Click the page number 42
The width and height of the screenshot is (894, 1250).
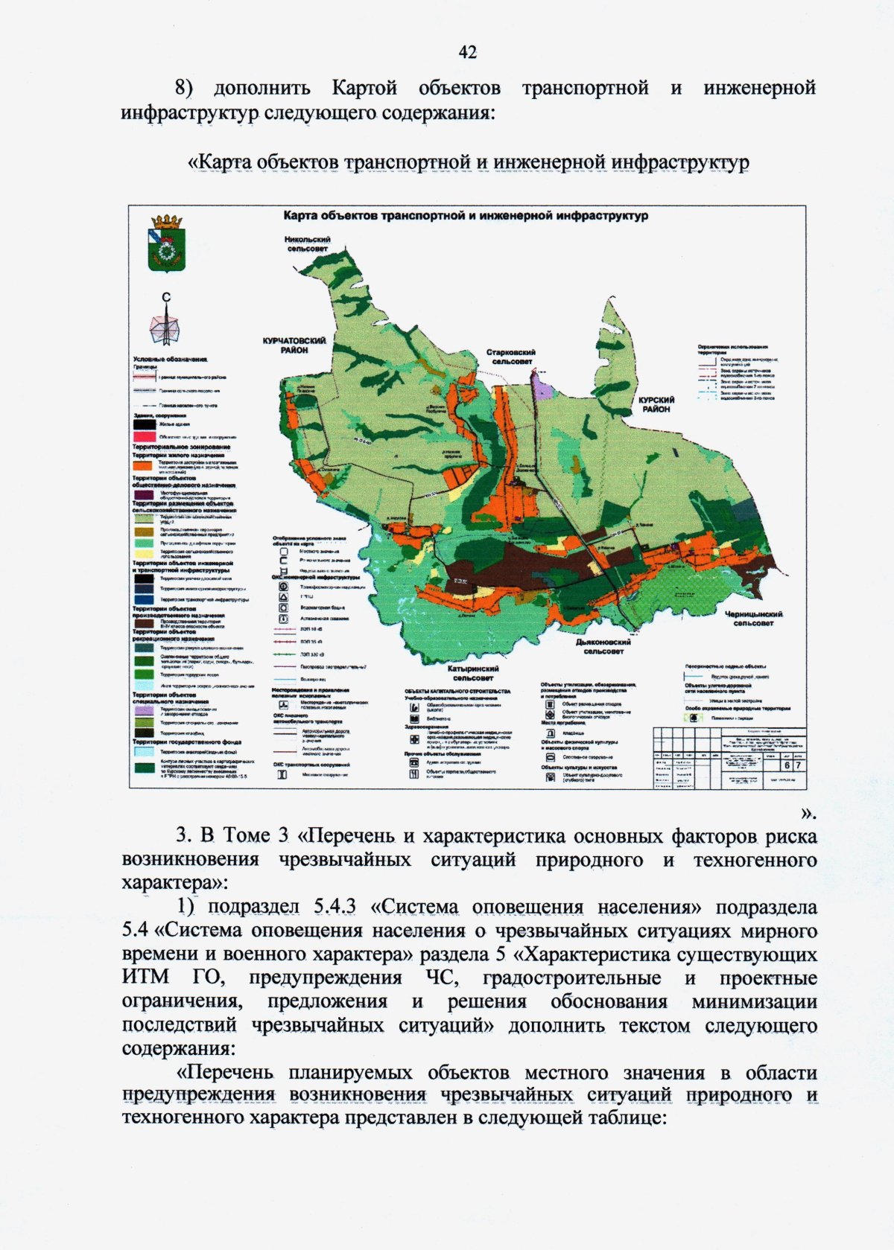click(x=467, y=52)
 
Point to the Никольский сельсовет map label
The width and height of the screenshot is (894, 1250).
click(x=307, y=244)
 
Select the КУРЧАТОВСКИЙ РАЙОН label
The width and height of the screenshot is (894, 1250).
click(x=294, y=345)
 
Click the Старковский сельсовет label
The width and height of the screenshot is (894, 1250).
click(x=511, y=357)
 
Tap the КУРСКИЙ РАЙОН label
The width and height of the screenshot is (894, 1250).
click(x=656, y=404)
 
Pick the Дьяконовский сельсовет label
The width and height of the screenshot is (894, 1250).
click(x=603, y=646)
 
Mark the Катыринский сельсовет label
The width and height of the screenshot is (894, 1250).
click(x=473, y=674)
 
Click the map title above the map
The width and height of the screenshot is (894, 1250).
click(x=466, y=216)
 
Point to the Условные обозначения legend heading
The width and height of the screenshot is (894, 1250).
click(x=170, y=360)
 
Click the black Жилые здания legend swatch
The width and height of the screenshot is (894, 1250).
click(x=144, y=424)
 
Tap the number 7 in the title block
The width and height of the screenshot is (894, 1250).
click(x=798, y=765)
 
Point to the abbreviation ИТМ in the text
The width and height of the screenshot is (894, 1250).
click(x=146, y=978)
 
